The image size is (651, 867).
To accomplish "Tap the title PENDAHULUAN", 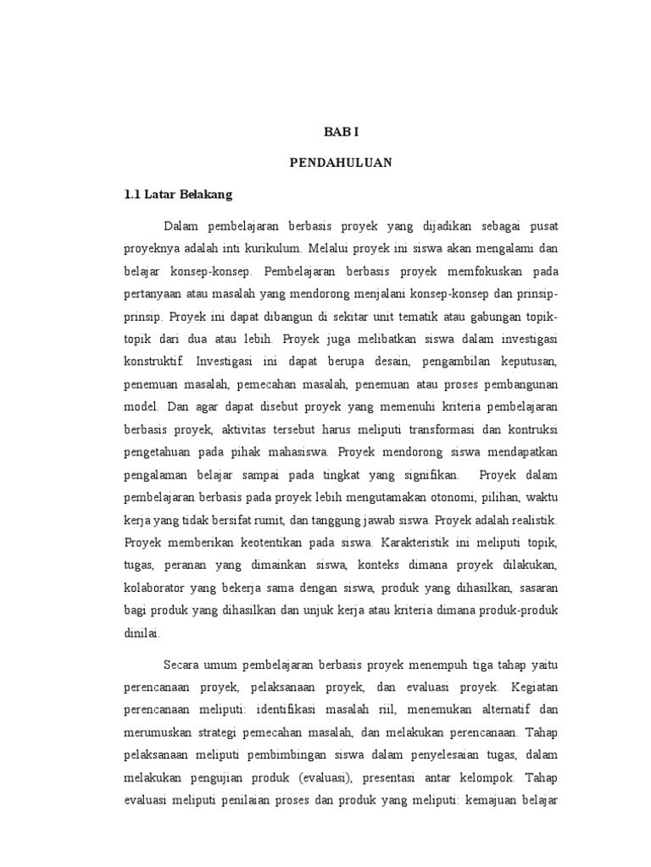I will click(x=342, y=163).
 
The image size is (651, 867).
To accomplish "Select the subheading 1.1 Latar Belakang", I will click(x=177, y=194).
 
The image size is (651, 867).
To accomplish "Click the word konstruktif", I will click(x=153, y=361).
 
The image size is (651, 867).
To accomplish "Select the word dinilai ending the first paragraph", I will click(x=142, y=632).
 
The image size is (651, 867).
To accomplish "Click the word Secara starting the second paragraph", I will click(x=183, y=665).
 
